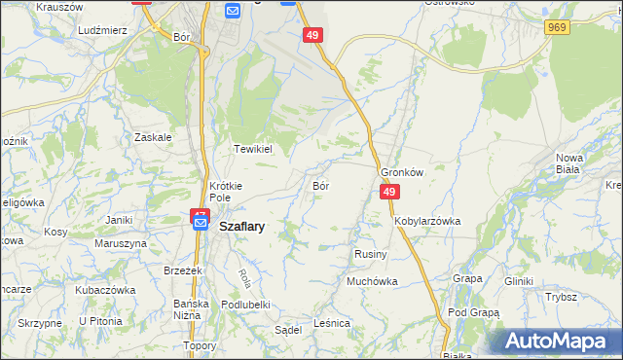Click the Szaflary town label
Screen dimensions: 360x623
[243, 225]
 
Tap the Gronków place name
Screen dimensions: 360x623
[403, 172]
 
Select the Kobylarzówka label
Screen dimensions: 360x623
[427, 221]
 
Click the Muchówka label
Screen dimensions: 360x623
[373, 282]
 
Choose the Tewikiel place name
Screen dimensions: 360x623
[251, 149]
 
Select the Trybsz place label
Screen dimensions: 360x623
[562, 297]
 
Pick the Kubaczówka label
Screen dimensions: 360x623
[104, 290]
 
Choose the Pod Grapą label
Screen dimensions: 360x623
[474, 312]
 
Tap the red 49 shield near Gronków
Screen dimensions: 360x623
[388, 193]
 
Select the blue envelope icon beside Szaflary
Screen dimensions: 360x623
[200, 224]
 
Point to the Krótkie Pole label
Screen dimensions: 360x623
[226, 191]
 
